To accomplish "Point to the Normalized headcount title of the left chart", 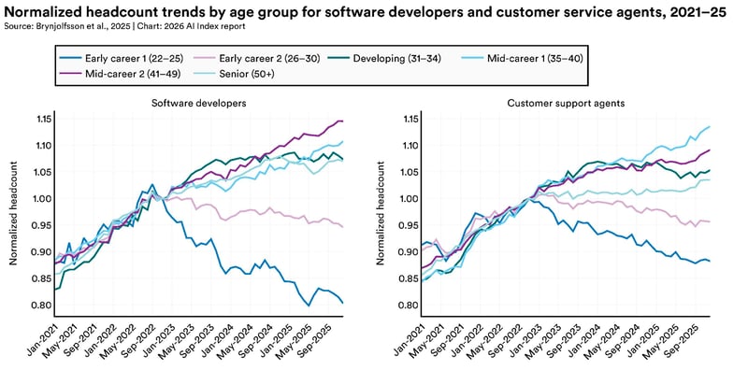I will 13,212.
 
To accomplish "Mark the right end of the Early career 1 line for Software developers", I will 343,303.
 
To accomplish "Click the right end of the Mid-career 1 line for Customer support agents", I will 711,126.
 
